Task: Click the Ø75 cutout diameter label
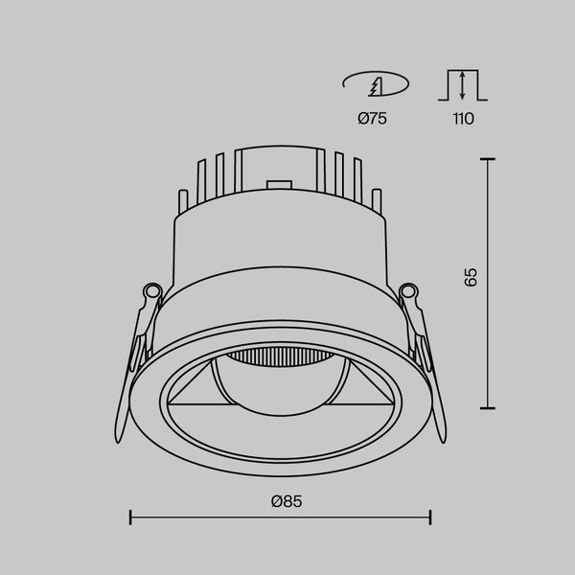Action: pyautogui.click(x=372, y=119)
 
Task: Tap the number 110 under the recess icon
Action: pyautogui.click(x=462, y=119)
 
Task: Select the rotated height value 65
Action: pyautogui.click(x=470, y=278)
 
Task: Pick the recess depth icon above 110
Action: pyautogui.click(x=462, y=84)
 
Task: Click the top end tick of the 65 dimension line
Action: pyautogui.click(x=490, y=158)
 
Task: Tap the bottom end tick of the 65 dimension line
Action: pyautogui.click(x=490, y=407)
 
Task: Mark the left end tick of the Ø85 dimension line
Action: pyautogui.click(x=130, y=517)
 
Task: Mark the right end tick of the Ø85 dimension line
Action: pyautogui.click(x=430, y=517)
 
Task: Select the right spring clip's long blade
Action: pyautogui.click(x=437, y=383)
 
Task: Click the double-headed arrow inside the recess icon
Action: pyautogui.click(x=462, y=86)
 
